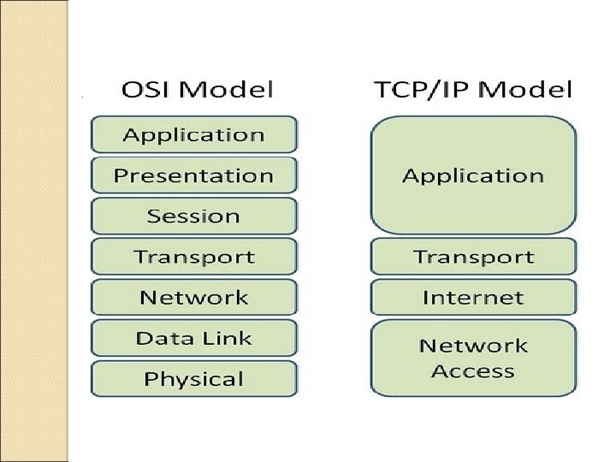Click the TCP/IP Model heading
[x=472, y=89]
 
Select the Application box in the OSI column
[x=193, y=135]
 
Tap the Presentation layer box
[x=193, y=175]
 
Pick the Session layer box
[x=193, y=216]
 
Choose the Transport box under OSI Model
[x=193, y=256]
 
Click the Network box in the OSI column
[x=193, y=297]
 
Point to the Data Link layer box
[x=193, y=338]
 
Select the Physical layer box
[x=193, y=378]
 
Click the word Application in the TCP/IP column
[x=472, y=176]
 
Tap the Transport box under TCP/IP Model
[x=472, y=256]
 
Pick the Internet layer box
[x=472, y=297]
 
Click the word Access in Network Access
[x=472, y=371]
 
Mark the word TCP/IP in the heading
[x=423, y=89]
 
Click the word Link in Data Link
[x=227, y=338]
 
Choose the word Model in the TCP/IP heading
[x=527, y=89]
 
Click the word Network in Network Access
[x=472, y=346]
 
